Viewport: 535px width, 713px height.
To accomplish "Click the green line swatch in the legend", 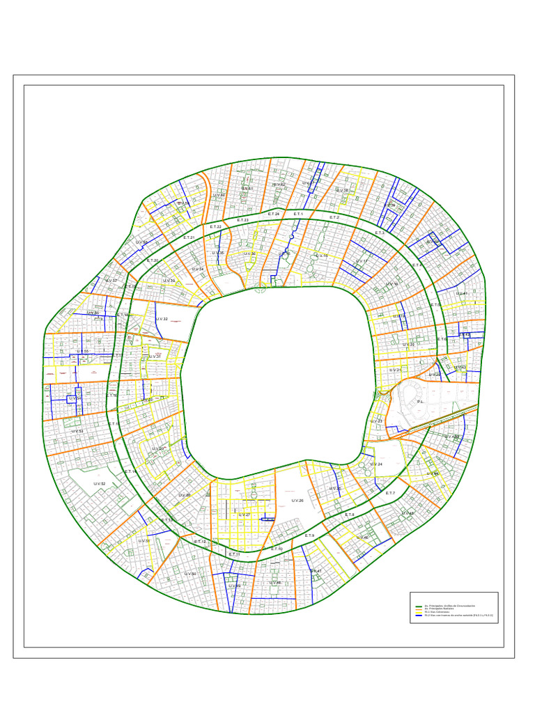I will coord(419,606).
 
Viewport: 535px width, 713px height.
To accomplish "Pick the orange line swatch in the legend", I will coord(419,610).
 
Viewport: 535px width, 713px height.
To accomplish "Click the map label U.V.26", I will coord(297,501).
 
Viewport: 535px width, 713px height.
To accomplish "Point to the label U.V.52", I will coord(98,484).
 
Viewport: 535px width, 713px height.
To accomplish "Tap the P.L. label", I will coord(421,402).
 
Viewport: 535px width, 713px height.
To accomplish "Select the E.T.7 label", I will coord(390,493).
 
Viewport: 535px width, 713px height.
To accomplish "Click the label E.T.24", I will coord(274,214).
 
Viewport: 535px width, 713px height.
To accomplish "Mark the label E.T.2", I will coord(334,217).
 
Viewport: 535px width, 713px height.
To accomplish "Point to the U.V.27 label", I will coord(244,515).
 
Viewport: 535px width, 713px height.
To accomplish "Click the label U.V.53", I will coord(77,432).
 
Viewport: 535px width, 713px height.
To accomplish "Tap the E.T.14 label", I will coord(130,471).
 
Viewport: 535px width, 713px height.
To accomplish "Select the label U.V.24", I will coord(377,464).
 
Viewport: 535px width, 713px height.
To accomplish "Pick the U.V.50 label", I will coord(189,574).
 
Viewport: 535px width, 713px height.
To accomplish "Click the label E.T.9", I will coord(310,535).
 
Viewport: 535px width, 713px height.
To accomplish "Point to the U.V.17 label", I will coord(362,261).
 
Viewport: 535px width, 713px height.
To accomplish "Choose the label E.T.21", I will coord(189,238).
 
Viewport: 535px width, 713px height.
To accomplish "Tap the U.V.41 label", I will coord(461,293).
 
